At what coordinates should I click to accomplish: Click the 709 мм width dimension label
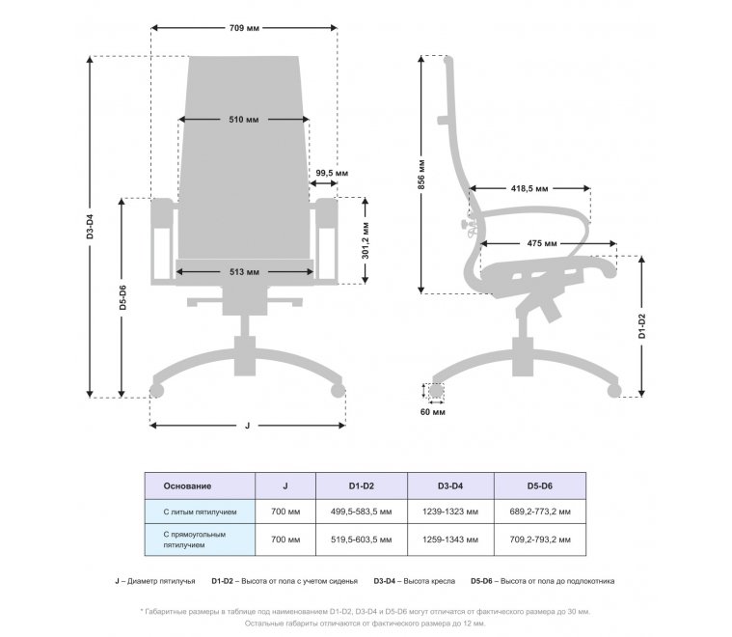pyautogui.click(x=245, y=29)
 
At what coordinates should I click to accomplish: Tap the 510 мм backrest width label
pyautogui.click(x=243, y=121)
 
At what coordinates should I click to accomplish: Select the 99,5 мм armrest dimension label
pyautogui.click(x=332, y=173)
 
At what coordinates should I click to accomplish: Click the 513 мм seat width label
pyautogui.click(x=244, y=272)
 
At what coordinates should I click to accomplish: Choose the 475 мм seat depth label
pyautogui.click(x=541, y=242)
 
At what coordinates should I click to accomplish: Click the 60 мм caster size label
pyautogui.click(x=434, y=413)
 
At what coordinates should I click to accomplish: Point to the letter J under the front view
pyautogui.click(x=247, y=425)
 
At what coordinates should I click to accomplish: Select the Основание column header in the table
pyautogui.click(x=188, y=485)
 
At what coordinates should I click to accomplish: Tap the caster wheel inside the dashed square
pyautogui.click(x=436, y=392)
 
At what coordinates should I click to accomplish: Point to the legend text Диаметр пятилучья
pyautogui.click(x=159, y=581)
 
